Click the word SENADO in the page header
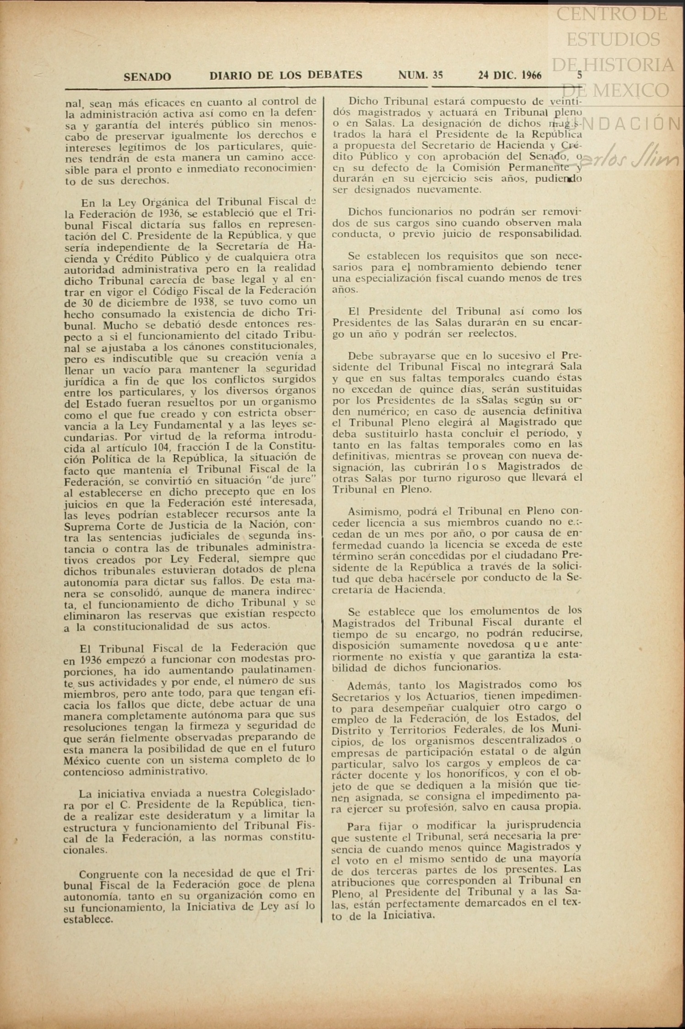pyautogui.click(x=147, y=76)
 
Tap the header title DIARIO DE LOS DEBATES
pyautogui.click(x=286, y=75)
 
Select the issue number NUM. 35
pyautogui.click(x=420, y=75)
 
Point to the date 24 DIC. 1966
pyautogui.click(x=509, y=75)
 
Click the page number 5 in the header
pyautogui.click(x=580, y=75)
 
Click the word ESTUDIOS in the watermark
pyautogui.click(x=613, y=40)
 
